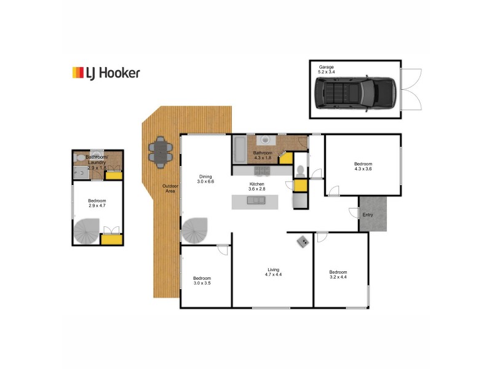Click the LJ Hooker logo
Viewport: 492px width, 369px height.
tap(106, 73)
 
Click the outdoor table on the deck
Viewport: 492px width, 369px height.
tap(161, 151)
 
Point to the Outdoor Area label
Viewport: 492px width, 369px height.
tap(169, 189)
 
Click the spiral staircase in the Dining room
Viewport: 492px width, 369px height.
tap(195, 231)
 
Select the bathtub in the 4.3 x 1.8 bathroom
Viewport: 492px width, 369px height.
tap(240, 149)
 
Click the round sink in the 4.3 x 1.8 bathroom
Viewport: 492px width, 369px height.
tap(265, 140)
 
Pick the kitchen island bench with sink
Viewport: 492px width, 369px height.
tap(254, 201)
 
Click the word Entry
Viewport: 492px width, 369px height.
tap(368, 215)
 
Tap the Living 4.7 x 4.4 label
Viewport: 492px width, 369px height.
tap(273, 272)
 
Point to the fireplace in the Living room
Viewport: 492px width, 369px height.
tap(303, 241)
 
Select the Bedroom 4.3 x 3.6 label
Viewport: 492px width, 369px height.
tap(363, 167)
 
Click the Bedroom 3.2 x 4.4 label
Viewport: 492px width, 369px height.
tap(338, 275)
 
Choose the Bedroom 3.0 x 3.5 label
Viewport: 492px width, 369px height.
tap(202, 280)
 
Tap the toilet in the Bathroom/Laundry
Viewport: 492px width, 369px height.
tap(81, 158)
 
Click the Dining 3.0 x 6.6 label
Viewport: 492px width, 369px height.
tap(205, 179)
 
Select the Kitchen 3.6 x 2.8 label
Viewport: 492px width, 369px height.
tap(256, 186)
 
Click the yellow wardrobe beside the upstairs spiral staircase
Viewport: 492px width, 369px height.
tap(111, 238)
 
